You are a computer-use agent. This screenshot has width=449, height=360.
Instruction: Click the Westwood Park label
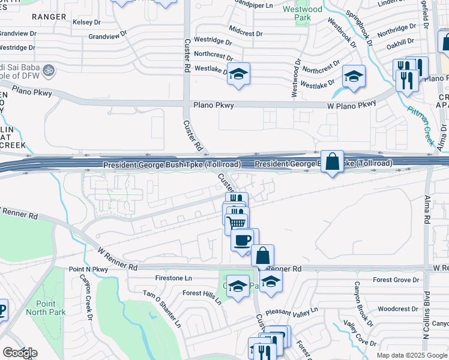point(308,14)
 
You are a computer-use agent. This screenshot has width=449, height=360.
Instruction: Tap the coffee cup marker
point(243,241)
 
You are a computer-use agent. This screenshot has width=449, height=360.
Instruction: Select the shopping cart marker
point(237,223)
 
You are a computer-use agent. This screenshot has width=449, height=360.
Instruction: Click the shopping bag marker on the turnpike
point(332,162)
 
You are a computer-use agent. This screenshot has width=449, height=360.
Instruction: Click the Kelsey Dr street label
point(86,22)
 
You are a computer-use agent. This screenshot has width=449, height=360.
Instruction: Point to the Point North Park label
point(50,308)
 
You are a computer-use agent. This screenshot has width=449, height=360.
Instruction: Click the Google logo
point(20,353)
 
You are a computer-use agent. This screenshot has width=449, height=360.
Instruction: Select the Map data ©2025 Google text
point(412,355)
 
